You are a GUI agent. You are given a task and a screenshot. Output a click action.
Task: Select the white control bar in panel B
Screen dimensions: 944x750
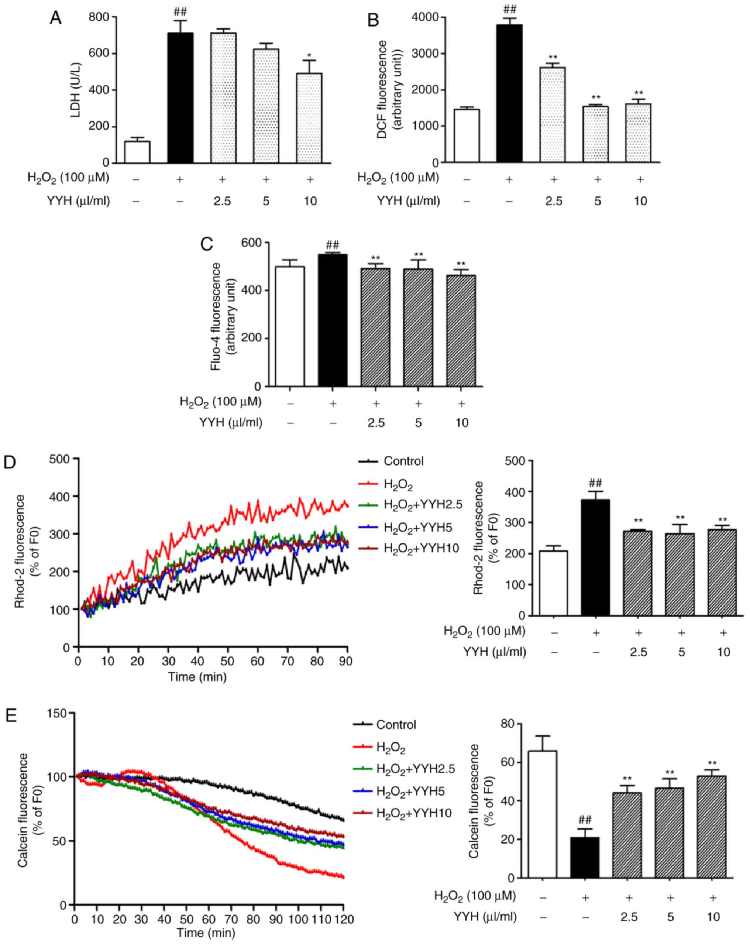[467, 136]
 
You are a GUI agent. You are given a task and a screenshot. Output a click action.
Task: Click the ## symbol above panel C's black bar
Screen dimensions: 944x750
[332, 244]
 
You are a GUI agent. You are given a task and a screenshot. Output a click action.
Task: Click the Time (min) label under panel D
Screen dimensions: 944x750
[197, 677]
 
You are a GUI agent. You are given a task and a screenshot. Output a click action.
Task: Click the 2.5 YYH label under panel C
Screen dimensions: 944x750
[376, 422]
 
